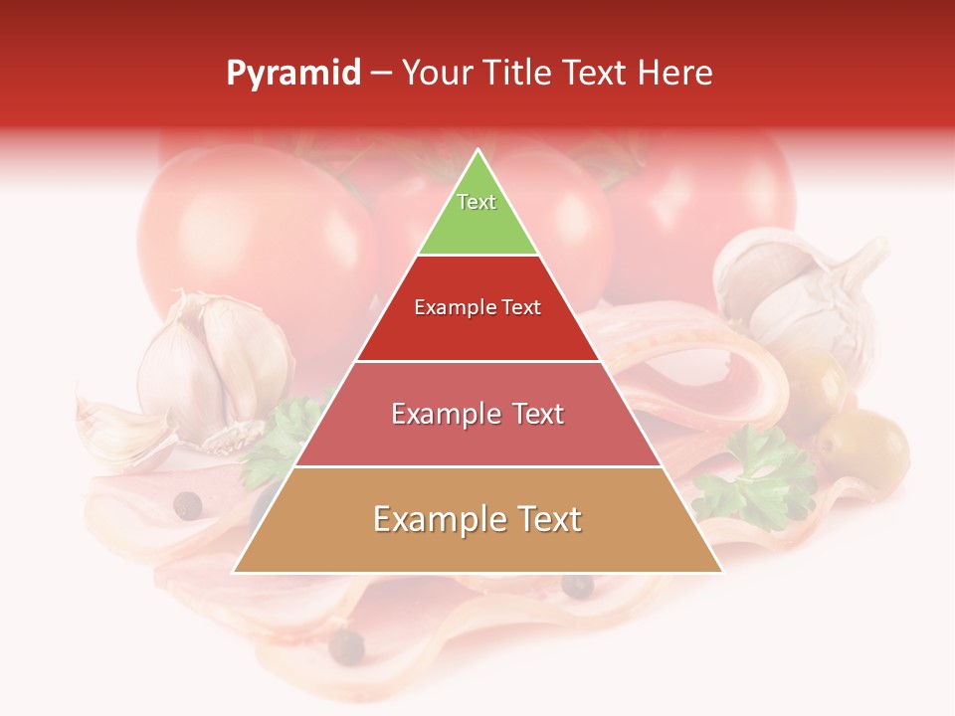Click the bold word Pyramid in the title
(293, 74)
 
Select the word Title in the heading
(517, 74)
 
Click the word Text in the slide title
(596, 74)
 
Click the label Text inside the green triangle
(477, 202)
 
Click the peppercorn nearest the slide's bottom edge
(346, 646)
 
